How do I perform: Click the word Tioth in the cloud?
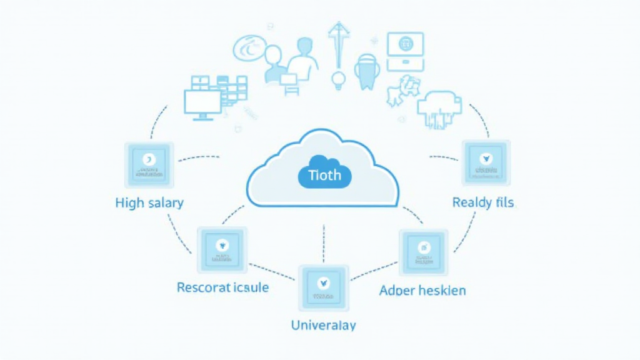(324, 174)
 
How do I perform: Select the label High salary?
(149, 202)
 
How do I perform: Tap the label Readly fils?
(482, 202)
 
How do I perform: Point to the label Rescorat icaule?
(222, 287)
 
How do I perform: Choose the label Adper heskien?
(422, 291)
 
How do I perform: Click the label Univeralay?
(323, 325)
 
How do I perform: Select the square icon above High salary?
(149, 164)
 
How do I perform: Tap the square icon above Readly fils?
(486, 162)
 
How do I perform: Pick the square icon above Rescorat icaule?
(222, 249)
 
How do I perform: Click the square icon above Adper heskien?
(424, 251)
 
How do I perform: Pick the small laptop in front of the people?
(289, 79)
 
